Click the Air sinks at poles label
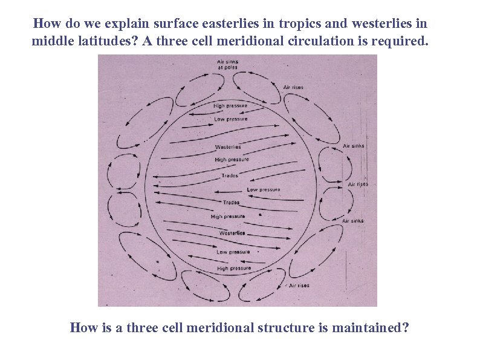(227, 64)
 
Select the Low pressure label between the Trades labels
(264, 189)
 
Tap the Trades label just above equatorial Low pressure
(230, 175)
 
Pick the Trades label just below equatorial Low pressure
(232, 202)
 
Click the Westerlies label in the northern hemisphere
(228, 147)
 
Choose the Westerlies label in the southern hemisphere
(232, 233)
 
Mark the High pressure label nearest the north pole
(230, 106)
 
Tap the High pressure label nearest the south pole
(234, 268)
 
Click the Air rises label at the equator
(358, 184)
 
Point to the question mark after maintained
(406, 328)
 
